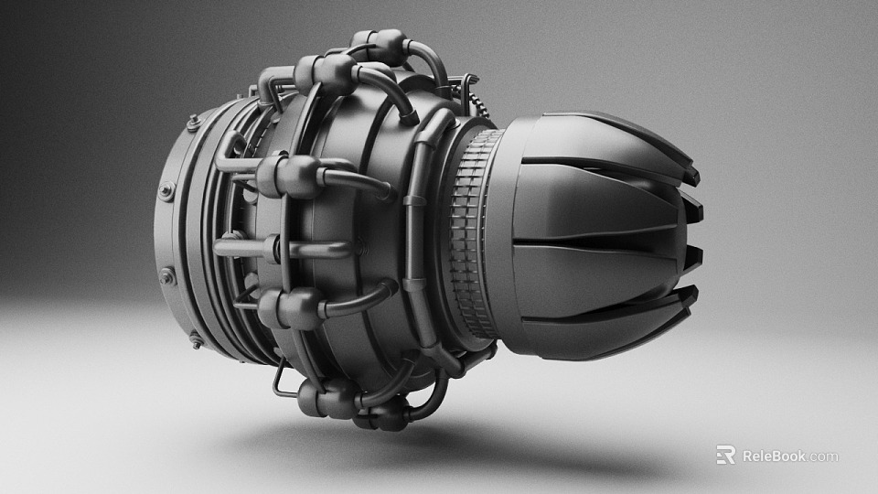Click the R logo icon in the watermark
725,455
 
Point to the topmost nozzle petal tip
691,174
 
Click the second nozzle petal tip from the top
696,209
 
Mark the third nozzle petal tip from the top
695,257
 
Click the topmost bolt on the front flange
192,123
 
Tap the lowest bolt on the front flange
196,339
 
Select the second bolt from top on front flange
166,191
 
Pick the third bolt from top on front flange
166,274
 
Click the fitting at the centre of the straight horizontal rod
272,248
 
